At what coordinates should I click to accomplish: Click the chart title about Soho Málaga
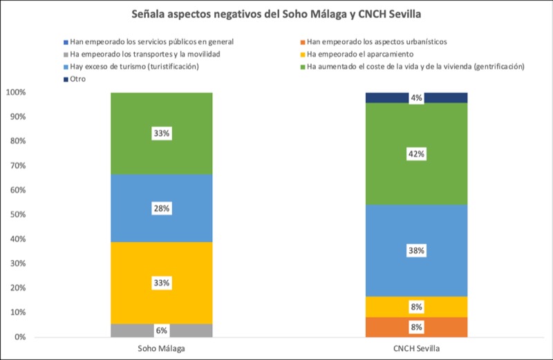(x=276, y=14)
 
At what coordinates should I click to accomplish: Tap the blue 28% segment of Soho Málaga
(x=161, y=207)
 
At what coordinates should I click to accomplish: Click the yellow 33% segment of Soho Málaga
(x=161, y=269)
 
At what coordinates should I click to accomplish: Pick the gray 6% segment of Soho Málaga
(x=161, y=330)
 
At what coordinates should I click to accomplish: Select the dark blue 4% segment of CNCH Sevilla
(x=416, y=97)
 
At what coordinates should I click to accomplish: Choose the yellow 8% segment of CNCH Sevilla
(x=416, y=307)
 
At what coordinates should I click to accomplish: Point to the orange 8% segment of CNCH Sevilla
(x=416, y=327)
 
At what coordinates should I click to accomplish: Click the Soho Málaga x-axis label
(x=161, y=350)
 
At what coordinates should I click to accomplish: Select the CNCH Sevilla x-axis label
(x=416, y=350)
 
